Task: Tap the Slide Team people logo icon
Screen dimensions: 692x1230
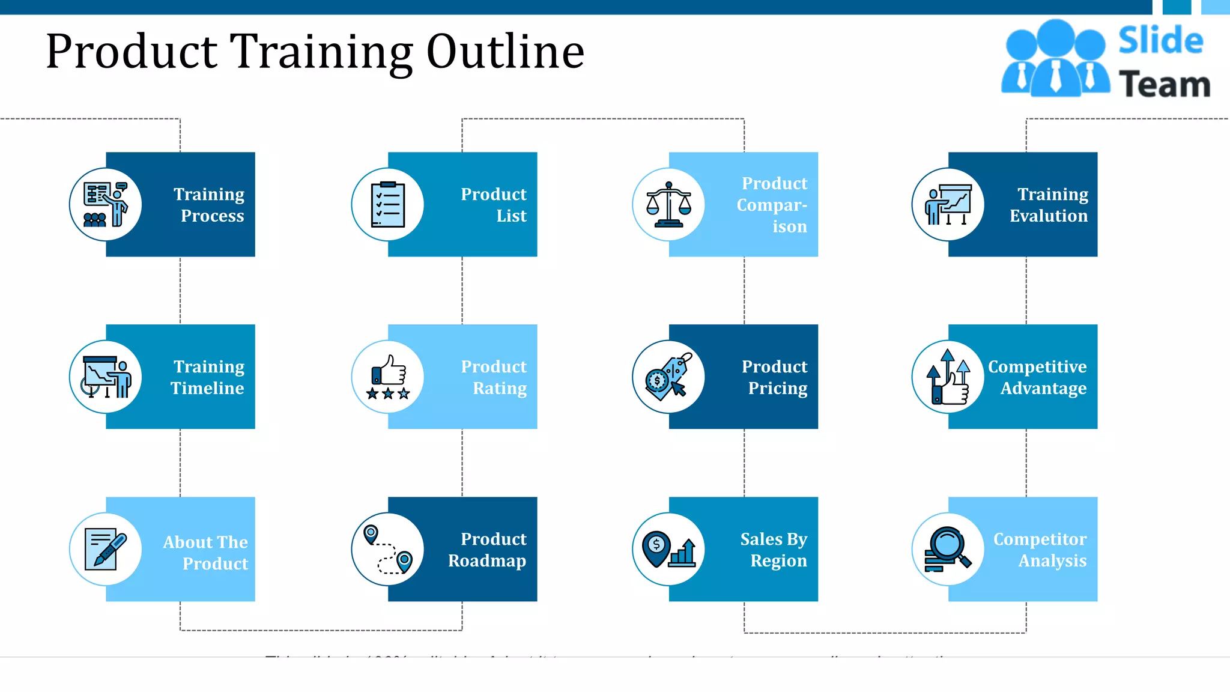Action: pyautogui.click(x=1055, y=58)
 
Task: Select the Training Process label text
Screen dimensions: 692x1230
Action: pyautogui.click(x=209, y=205)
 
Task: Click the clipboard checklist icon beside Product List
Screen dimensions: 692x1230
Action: pyautogui.click(x=388, y=205)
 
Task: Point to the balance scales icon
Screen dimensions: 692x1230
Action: pyautogui.click(x=668, y=205)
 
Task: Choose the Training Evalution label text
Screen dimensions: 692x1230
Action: pyautogui.click(x=1049, y=205)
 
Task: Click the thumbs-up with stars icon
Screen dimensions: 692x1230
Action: pyautogui.click(x=388, y=377)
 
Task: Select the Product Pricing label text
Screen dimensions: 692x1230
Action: pyautogui.click(x=774, y=377)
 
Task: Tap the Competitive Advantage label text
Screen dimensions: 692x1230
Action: pyautogui.click(x=1037, y=377)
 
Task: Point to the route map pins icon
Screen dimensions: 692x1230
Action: pyautogui.click(x=388, y=549)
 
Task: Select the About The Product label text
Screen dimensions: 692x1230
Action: pyautogui.click(x=205, y=553)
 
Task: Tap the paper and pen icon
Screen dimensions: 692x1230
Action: pyautogui.click(x=106, y=549)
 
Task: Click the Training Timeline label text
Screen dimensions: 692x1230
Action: pyautogui.click(x=208, y=377)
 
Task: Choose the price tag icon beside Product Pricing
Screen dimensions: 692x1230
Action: pyautogui.click(x=668, y=377)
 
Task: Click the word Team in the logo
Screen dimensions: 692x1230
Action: pyautogui.click(x=1165, y=84)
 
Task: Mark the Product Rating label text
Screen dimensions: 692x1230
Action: pyautogui.click(x=494, y=377)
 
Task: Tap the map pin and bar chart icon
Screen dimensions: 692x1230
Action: pyautogui.click(x=668, y=549)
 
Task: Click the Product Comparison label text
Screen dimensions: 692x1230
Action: pyautogui.click(x=772, y=205)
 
